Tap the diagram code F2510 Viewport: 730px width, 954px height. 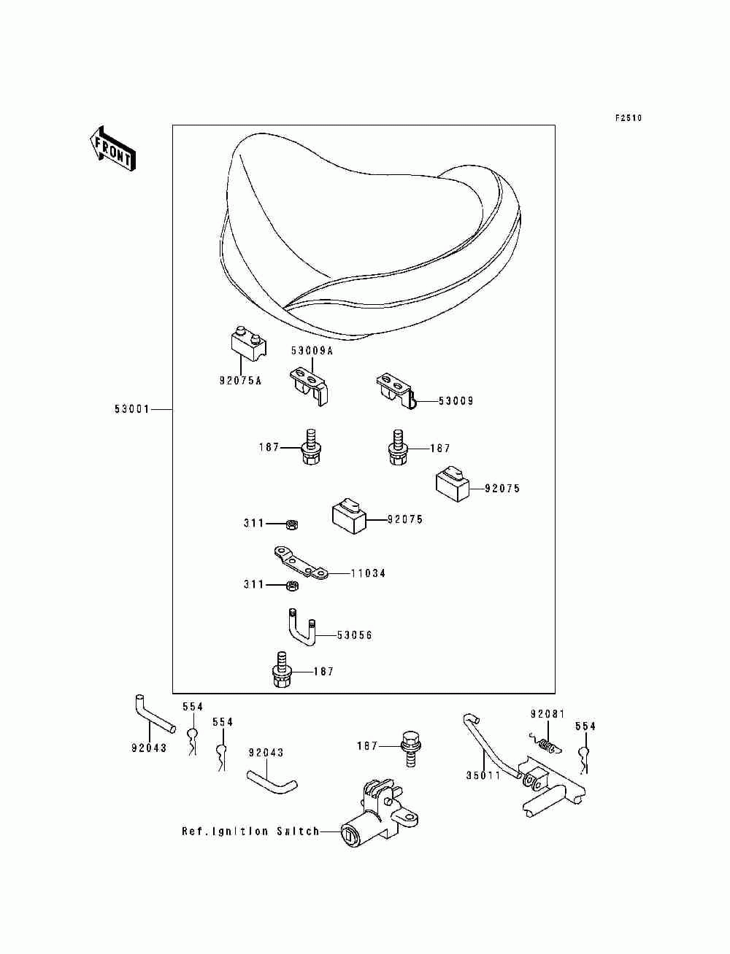pos(629,118)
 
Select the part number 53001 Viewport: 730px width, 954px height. pos(132,409)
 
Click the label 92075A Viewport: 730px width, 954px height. pos(241,381)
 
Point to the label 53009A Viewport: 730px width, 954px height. pos(312,351)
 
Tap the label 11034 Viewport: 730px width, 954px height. pos(369,573)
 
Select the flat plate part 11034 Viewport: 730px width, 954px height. pos(301,562)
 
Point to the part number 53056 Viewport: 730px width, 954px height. pos(355,635)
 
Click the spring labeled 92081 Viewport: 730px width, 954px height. pos(546,746)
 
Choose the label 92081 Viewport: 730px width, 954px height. pos(547,713)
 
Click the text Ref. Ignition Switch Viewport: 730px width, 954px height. pos(250,831)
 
